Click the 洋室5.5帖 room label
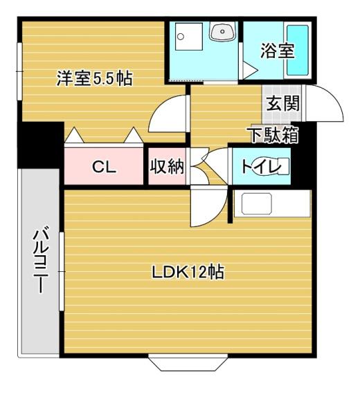pyautogui.click(x=94, y=79)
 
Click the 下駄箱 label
pyautogui.click(x=273, y=135)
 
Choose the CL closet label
pyautogui.click(x=105, y=167)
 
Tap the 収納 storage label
pyautogui.click(x=166, y=167)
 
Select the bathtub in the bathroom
pyautogui.click(x=298, y=50)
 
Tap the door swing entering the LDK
pyautogui.click(x=208, y=207)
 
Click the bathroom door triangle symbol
pyautogui.click(x=249, y=69)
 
